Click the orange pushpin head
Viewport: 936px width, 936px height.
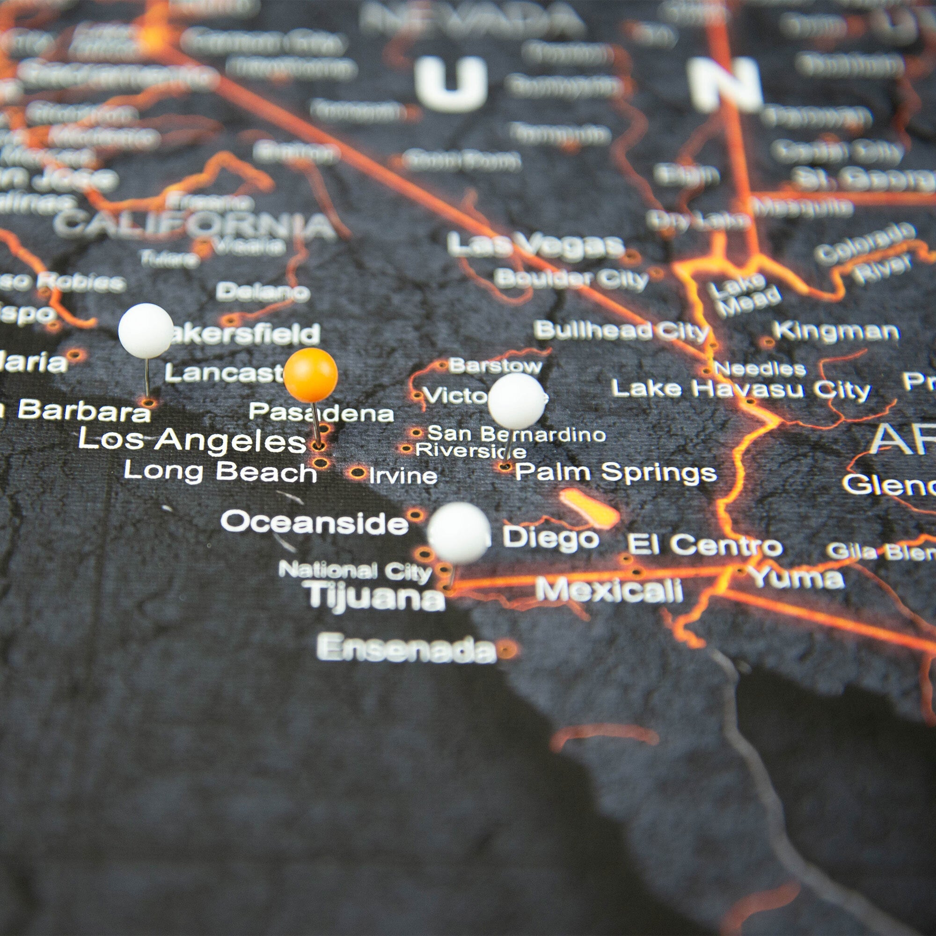pyautogui.click(x=311, y=375)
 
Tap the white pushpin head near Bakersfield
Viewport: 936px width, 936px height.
pyautogui.click(x=146, y=331)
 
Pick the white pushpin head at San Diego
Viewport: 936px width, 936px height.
pyautogui.click(x=459, y=533)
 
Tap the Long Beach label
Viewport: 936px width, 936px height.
pyautogui.click(x=220, y=472)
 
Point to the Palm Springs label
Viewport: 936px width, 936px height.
pyautogui.click(x=615, y=472)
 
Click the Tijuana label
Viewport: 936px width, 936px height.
pyautogui.click(x=376, y=596)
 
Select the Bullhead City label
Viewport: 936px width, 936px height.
pyautogui.click(x=622, y=331)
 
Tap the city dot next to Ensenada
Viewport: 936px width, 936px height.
pyautogui.click(x=507, y=648)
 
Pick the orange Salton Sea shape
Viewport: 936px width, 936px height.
pyautogui.click(x=589, y=508)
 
